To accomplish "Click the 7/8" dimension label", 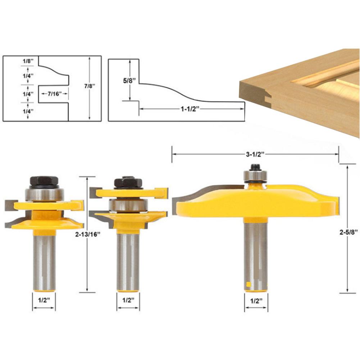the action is [x=90, y=86].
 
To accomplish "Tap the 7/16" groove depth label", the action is [x=55, y=94].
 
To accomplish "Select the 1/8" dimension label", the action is [x=28, y=61].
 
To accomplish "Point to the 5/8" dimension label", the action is [x=130, y=81].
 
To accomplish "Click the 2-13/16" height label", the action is [x=88, y=234].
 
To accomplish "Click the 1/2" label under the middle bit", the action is [x=128, y=300].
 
